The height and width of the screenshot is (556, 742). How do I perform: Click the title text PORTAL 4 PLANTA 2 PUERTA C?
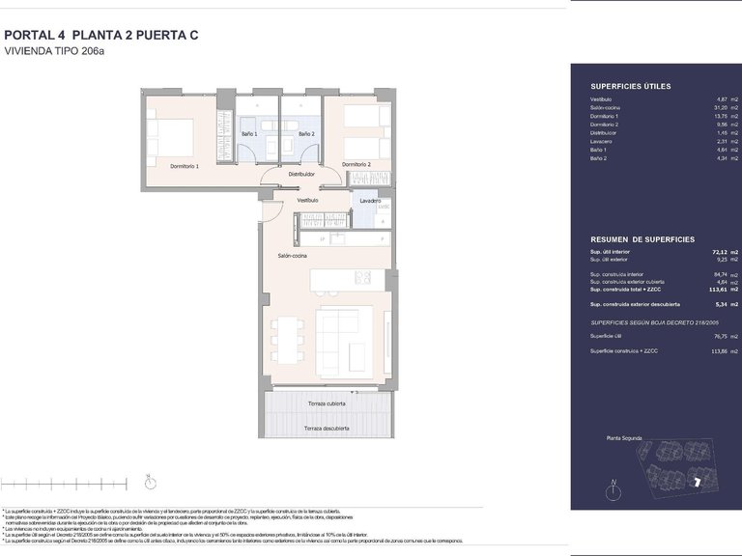pyautogui.click(x=101, y=35)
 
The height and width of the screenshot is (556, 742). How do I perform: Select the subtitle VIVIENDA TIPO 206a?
pyautogui.click(x=54, y=51)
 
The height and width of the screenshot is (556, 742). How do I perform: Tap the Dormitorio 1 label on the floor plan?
pyautogui.click(x=185, y=166)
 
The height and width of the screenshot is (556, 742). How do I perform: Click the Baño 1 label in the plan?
pyautogui.click(x=249, y=133)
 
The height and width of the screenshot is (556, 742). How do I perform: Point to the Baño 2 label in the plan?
pyautogui.click(x=306, y=133)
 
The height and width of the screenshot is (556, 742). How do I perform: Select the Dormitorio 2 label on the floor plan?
pyautogui.click(x=357, y=164)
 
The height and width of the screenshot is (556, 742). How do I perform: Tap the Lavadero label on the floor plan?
pyautogui.click(x=369, y=201)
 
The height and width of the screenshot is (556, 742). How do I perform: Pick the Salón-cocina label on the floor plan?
pyautogui.click(x=293, y=255)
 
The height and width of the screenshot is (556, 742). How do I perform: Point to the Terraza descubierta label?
pyautogui.click(x=327, y=428)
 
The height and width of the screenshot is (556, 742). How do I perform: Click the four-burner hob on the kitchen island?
pyautogui.click(x=362, y=278)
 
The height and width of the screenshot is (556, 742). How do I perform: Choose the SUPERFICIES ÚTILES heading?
pyautogui.click(x=630, y=87)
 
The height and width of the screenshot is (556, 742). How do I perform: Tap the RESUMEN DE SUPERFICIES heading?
pyautogui.click(x=642, y=238)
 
